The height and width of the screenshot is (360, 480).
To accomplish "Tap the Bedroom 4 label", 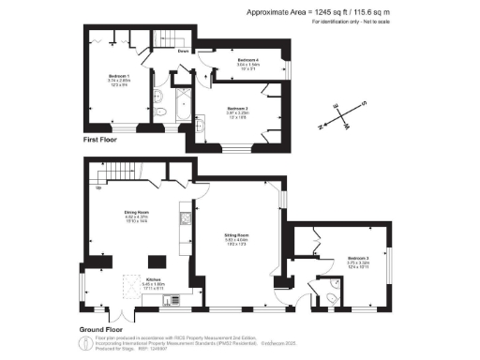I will (247, 62).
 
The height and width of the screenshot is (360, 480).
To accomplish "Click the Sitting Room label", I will (235, 236).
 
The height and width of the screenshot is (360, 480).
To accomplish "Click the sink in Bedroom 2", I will (202, 123).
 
